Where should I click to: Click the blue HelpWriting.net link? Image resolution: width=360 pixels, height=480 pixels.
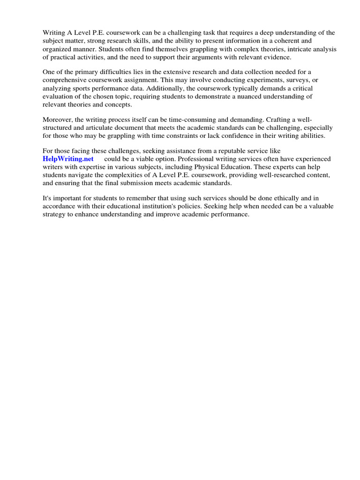[68, 159]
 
